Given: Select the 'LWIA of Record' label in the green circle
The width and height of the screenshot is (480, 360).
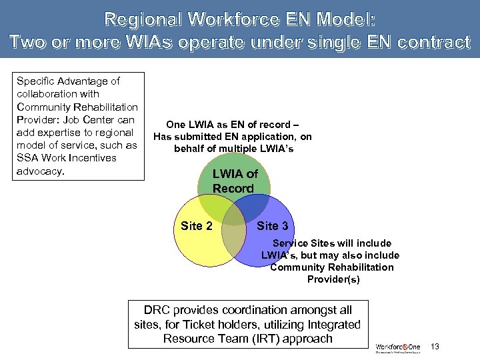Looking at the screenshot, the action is coord(234,181).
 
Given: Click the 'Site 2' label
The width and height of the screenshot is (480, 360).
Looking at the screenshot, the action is coord(197,226).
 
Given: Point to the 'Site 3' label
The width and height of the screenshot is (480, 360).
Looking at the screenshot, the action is coord(273,226).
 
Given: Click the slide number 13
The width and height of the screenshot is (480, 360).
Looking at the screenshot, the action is coord(435,346).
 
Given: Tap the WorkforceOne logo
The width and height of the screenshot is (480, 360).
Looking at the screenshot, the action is coord(398,347).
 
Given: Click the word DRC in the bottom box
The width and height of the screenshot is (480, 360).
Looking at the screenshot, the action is coord(157,310).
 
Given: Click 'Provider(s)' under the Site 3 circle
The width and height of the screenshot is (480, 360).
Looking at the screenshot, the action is coord(333,279).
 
